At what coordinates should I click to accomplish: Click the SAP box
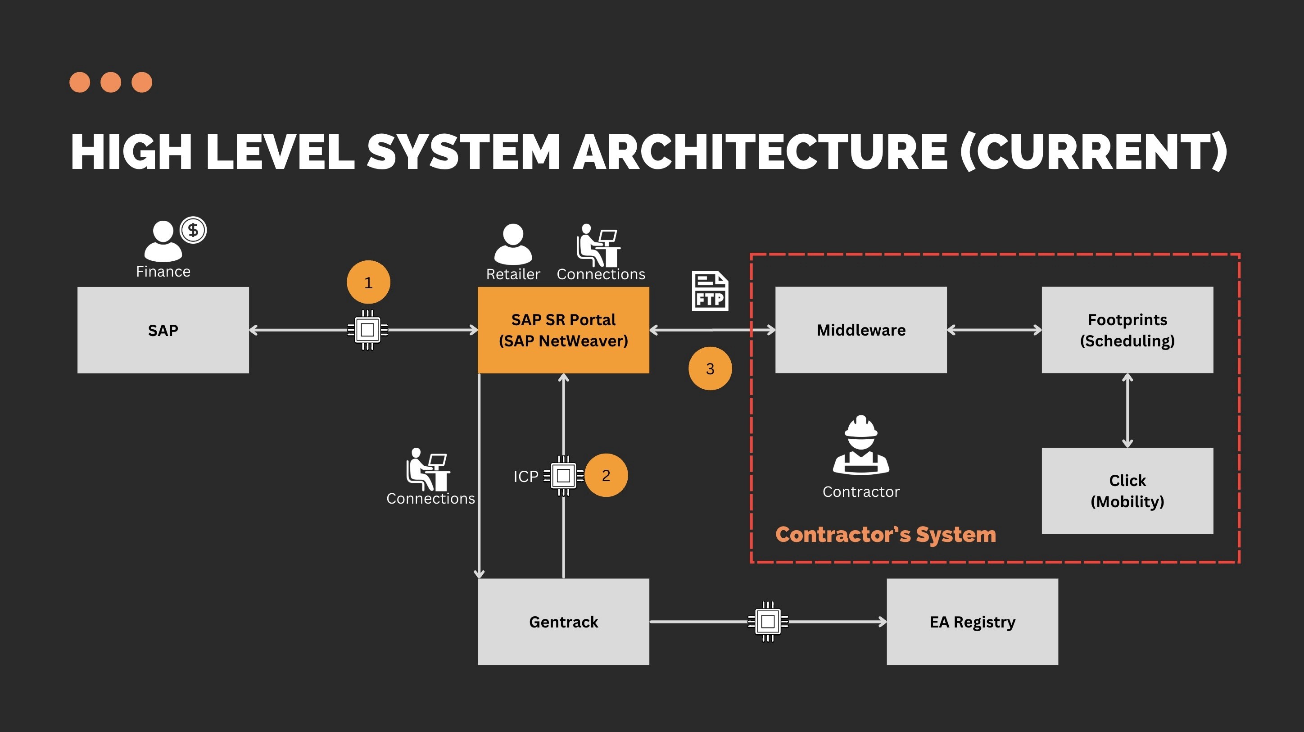[163, 330]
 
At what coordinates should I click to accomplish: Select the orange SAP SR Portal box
[563, 330]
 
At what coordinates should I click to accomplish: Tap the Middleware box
[861, 330]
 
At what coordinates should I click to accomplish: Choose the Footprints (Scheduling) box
[1127, 330]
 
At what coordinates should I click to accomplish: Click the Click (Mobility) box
[1127, 491]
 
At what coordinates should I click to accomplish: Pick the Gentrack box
[563, 622]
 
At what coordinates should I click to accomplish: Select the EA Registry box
[973, 622]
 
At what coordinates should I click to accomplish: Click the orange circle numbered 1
[368, 282]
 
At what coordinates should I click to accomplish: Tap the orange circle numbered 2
[606, 475]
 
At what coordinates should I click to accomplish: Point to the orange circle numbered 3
[710, 368]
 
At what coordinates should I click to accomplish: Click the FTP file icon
[710, 291]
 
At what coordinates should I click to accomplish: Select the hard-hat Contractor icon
[861, 445]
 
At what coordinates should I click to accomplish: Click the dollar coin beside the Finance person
[193, 230]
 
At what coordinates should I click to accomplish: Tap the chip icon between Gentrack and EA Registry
[768, 622]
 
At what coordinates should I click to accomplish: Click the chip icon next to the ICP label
[563, 476]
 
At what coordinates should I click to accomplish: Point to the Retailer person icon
[513, 244]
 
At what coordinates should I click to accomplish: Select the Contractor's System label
[886, 534]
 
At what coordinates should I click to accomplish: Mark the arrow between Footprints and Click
[1127, 410]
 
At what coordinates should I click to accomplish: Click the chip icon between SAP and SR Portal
[367, 330]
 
